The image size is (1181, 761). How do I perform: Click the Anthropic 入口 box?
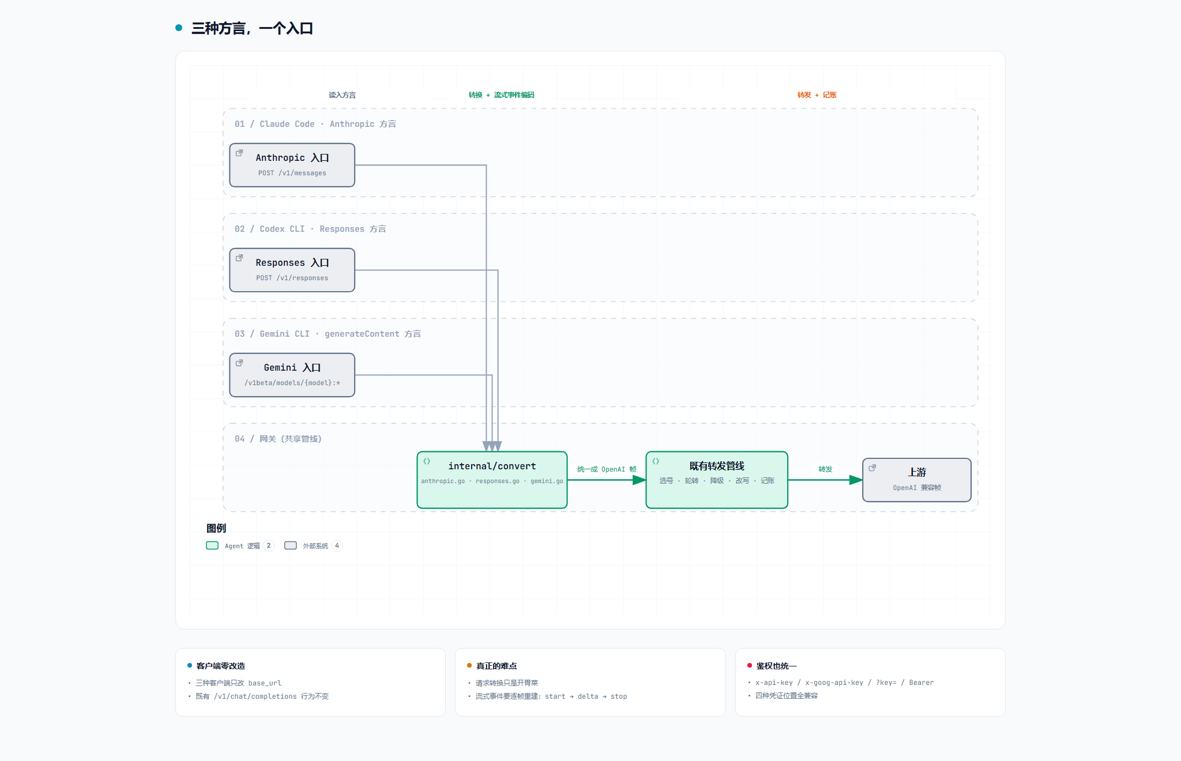tap(292, 165)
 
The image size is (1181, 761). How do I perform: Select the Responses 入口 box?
tap(292, 270)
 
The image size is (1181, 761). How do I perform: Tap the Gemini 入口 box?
tap(292, 375)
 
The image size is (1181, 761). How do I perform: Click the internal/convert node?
tap(492, 480)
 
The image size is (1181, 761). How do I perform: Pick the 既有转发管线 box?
tap(717, 480)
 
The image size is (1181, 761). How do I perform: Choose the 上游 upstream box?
tap(917, 480)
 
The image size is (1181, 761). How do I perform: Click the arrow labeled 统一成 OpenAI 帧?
tap(607, 480)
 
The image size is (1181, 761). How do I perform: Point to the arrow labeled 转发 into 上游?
tap(825, 480)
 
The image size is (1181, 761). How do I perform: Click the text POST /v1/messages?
tap(292, 173)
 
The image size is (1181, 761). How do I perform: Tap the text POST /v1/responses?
tap(292, 278)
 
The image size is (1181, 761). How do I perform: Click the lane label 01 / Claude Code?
tap(274, 124)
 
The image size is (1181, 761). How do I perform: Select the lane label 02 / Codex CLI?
tap(269, 229)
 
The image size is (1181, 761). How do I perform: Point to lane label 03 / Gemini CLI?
tap(272, 334)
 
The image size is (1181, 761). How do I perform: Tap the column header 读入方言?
tap(342, 95)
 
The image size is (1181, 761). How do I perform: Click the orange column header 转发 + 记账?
tap(817, 95)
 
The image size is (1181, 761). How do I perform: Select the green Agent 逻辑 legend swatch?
tap(212, 545)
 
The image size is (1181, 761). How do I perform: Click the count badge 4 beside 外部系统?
tap(337, 545)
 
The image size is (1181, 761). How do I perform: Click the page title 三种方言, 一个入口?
tap(252, 28)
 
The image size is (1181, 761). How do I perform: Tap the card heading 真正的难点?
tap(497, 666)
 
